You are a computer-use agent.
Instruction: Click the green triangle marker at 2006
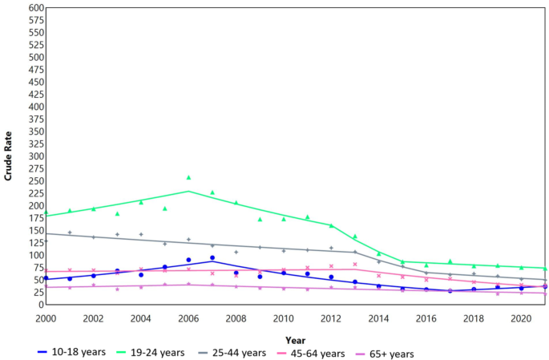pyautogui.click(x=188, y=177)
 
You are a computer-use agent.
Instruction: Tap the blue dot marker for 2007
pyautogui.click(x=212, y=257)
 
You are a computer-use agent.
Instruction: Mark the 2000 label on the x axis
pyautogui.click(x=46, y=318)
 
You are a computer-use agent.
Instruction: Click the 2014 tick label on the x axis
pyautogui.click(x=378, y=318)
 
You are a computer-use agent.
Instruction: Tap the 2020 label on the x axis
pyautogui.click(x=521, y=318)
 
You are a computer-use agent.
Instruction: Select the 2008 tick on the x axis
pyautogui.click(x=236, y=318)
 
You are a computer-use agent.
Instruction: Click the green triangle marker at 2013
pyautogui.click(x=355, y=237)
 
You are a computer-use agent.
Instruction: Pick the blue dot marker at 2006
pyautogui.click(x=188, y=260)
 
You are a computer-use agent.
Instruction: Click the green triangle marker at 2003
pyautogui.click(x=117, y=214)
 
